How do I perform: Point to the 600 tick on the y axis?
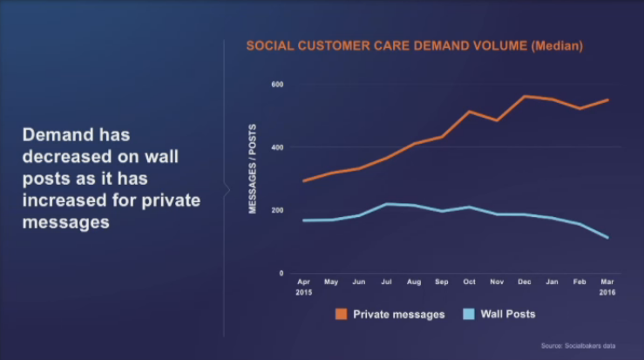click(276, 85)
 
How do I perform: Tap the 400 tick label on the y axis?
click(276, 147)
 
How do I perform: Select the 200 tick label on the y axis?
click(276, 210)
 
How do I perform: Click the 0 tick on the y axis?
click(281, 274)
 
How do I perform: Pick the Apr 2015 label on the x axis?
click(303, 287)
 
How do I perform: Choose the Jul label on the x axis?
click(385, 282)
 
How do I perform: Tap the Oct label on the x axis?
click(469, 282)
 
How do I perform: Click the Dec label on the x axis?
click(525, 282)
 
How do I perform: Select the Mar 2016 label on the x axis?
click(607, 287)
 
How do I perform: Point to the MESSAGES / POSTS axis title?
click(253, 179)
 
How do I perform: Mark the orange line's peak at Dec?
click(525, 96)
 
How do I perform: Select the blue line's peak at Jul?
click(385, 204)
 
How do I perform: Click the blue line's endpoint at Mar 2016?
click(607, 238)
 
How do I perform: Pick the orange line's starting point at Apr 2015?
click(303, 181)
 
